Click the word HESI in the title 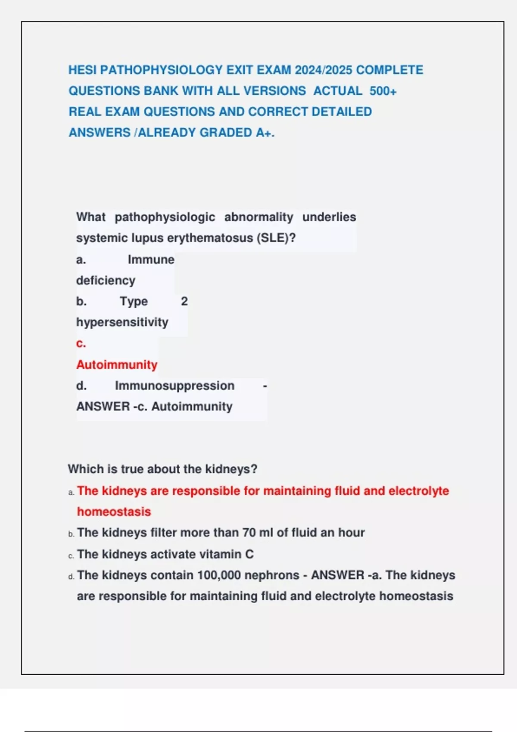coord(82,70)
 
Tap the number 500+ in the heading coord(383,91)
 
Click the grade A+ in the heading coord(265,133)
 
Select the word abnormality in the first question coord(258,217)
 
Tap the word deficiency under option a coord(106,281)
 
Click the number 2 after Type coord(184,301)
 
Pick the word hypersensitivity coord(122,323)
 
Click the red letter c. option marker coord(81,344)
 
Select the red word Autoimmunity coord(117,365)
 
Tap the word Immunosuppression coord(174,386)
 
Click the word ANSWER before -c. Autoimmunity coord(103,406)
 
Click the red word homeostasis coord(114,512)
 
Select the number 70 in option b coord(249,533)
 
